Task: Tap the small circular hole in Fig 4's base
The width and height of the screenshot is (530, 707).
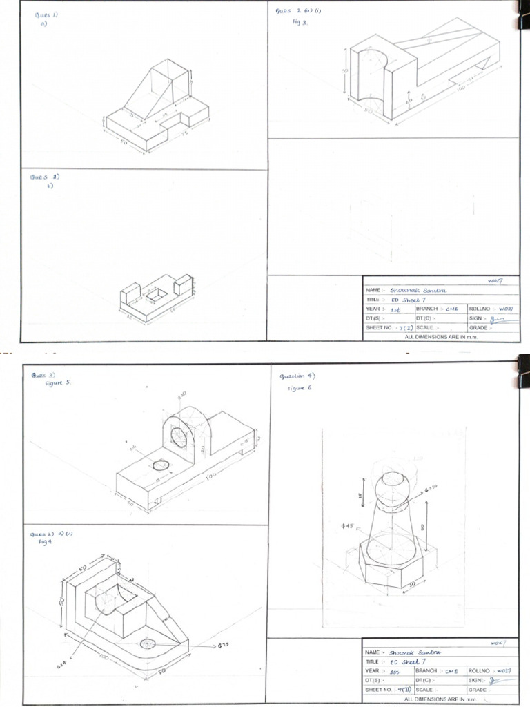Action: coord(148,643)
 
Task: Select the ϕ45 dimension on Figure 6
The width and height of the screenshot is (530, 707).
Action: coord(347,526)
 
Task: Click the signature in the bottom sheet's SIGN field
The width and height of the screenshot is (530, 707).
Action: coord(492,680)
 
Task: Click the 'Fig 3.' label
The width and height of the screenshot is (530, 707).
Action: coord(298,21)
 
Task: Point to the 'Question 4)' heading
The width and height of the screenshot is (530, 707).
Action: coord(297,377)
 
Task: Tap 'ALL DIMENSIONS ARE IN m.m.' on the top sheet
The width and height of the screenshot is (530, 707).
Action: coord(440,336)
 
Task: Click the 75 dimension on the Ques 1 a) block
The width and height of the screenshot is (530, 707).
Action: coord(185,133)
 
